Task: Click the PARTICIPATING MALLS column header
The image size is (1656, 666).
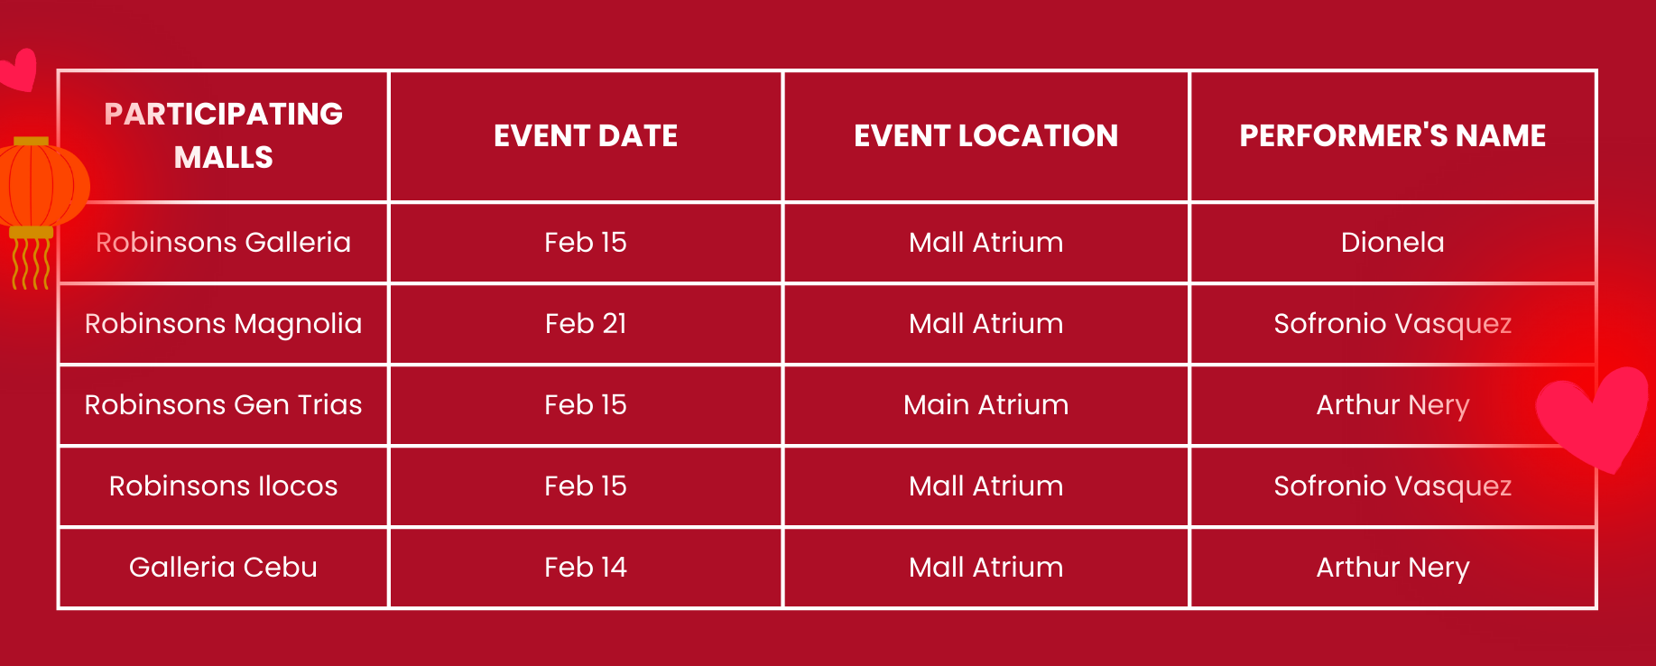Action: coord(224,135)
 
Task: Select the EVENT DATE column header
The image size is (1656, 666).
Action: coord(586,135)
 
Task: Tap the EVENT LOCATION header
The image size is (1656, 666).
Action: coord(986,135)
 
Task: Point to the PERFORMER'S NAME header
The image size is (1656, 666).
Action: coord(1392,135)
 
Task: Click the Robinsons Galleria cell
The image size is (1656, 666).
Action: coord(224,242)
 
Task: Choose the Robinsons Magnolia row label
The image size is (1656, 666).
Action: coord(224,324)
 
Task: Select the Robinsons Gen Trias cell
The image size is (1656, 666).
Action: coord(224,404)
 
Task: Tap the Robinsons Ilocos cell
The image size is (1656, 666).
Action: coord(224,486)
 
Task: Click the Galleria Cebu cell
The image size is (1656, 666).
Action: coord(224,567)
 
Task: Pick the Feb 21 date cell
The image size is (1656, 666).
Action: coord(586,323)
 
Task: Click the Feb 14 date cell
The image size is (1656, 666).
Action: coord(586,567)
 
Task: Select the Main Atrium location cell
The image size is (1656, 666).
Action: coord(986,404)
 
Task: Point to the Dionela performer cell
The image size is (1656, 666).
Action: coord(1392,242)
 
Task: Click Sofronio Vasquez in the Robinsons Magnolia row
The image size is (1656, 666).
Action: coord(1392,324)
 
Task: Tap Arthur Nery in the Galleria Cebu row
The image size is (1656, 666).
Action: coord(1392,568)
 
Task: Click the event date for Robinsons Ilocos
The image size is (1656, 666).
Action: coord(586,486)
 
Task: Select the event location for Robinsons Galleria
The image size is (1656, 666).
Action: coord(986,242)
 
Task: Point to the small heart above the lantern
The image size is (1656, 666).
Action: coord(18,69)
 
